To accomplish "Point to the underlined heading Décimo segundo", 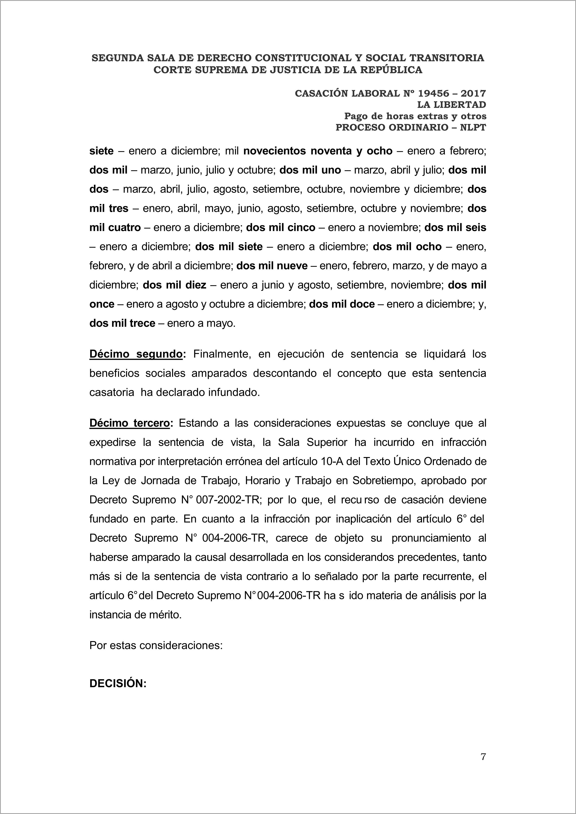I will point(136,354).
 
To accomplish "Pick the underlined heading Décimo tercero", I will point(130,423).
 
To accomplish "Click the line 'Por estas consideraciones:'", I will point(156,645).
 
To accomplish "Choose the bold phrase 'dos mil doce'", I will point(342,304).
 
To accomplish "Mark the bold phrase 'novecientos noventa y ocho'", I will point(318,151).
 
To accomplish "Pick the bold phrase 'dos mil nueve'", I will point(272,266).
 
